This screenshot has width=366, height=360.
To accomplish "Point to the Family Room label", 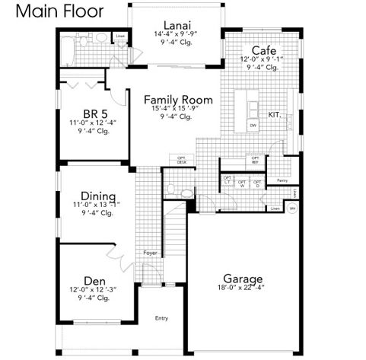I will tap(177, 100).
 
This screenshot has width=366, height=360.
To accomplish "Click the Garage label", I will tap(243, 278).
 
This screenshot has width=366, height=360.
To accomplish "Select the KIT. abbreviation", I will tap(275, 116).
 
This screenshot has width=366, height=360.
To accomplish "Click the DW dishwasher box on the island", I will tap(253, 124).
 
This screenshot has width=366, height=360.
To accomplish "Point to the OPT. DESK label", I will tap(182, 161).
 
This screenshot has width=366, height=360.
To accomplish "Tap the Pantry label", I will tap(282, 180).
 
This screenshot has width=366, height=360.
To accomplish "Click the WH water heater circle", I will tap(293, 207).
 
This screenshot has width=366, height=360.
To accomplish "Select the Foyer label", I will tap(149, 252).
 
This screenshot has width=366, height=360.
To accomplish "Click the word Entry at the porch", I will tap(161, 318).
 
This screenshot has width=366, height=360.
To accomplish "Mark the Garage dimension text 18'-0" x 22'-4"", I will tap(243, 288).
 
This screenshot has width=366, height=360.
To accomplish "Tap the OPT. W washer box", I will tap(242, 183).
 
